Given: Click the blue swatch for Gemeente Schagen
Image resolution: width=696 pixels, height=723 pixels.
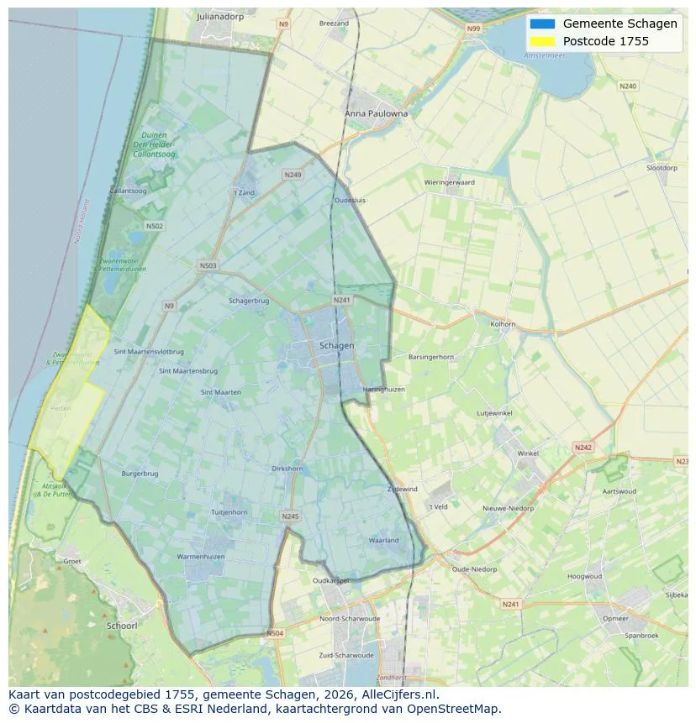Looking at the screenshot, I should coord(542,24).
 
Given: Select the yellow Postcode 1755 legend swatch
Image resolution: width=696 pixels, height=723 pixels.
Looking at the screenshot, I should coord(542,41).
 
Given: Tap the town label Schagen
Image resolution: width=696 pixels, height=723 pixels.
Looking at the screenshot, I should coord(336,345).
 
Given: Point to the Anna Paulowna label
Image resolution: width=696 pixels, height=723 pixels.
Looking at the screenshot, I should coord(376,113).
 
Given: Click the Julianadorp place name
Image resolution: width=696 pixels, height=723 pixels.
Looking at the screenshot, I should coord(220,16).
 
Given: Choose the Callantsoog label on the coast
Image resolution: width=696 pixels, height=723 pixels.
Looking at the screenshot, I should coord(128,191).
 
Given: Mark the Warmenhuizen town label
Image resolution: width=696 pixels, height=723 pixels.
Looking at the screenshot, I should coord(200,556).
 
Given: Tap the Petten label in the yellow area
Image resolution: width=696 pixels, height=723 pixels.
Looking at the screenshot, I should coord(61,407).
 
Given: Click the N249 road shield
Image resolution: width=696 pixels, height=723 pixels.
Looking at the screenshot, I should coord(293,175).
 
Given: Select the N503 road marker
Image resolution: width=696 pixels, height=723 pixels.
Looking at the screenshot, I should coord(208,266).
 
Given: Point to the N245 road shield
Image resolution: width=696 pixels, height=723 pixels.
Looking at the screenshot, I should coord(290,516).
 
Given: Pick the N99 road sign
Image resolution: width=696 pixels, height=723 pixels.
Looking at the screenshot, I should coord(474,29).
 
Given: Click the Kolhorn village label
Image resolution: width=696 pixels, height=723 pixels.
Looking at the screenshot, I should coord(503,323).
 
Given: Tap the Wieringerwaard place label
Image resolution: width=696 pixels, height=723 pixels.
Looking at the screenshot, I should coord(450,182).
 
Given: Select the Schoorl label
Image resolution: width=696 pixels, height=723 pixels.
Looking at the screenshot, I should coord(122,626).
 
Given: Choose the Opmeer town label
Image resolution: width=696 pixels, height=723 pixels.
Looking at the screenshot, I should coord(615,618).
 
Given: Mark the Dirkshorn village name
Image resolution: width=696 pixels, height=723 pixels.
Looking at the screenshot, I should coord(287,469).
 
